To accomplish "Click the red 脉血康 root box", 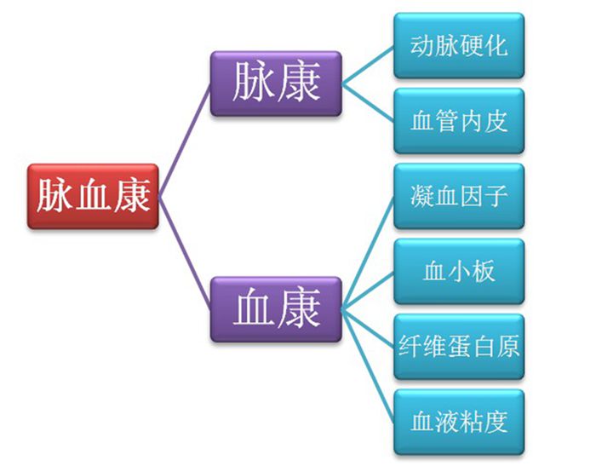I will [x=93, y=197].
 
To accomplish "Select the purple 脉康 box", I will [x=276, y=83].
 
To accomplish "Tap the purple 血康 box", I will [x=276, y=308].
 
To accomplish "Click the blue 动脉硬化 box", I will [x=458, y=45].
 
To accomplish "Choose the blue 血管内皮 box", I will [x=458, y=120].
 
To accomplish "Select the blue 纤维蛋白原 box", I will [x=458, y=347].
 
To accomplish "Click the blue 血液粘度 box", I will [x=458, y=422].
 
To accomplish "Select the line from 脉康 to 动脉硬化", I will [x=368, y=64].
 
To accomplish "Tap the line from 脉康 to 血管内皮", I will [x=368, y=101].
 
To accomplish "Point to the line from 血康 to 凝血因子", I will [x=368, y=252].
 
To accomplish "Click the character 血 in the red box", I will [x=93, y=197].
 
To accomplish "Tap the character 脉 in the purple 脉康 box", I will [x=254, y=83].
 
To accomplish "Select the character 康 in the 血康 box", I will [x=299, y=308].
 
